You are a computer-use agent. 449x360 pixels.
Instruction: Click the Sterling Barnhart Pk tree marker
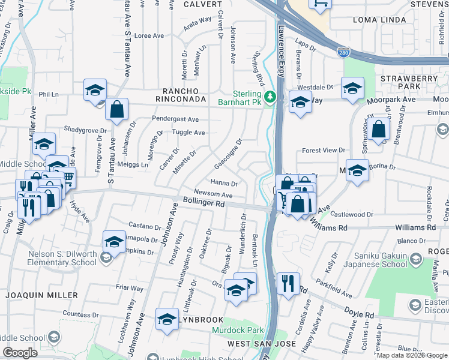point(270,97)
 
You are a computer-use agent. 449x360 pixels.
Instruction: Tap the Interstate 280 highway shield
point(343,53)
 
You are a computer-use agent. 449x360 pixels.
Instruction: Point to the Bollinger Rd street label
point(203,204)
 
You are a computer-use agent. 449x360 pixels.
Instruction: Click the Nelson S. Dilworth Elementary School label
point(62,259)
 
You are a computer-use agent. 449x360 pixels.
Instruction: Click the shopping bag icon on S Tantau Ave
point(116,109)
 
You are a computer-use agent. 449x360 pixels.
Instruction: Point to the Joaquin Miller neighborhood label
point(41,295)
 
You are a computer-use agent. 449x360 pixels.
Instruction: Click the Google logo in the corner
point(20,353)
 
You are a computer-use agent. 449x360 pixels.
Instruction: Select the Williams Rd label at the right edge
point(415,228)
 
